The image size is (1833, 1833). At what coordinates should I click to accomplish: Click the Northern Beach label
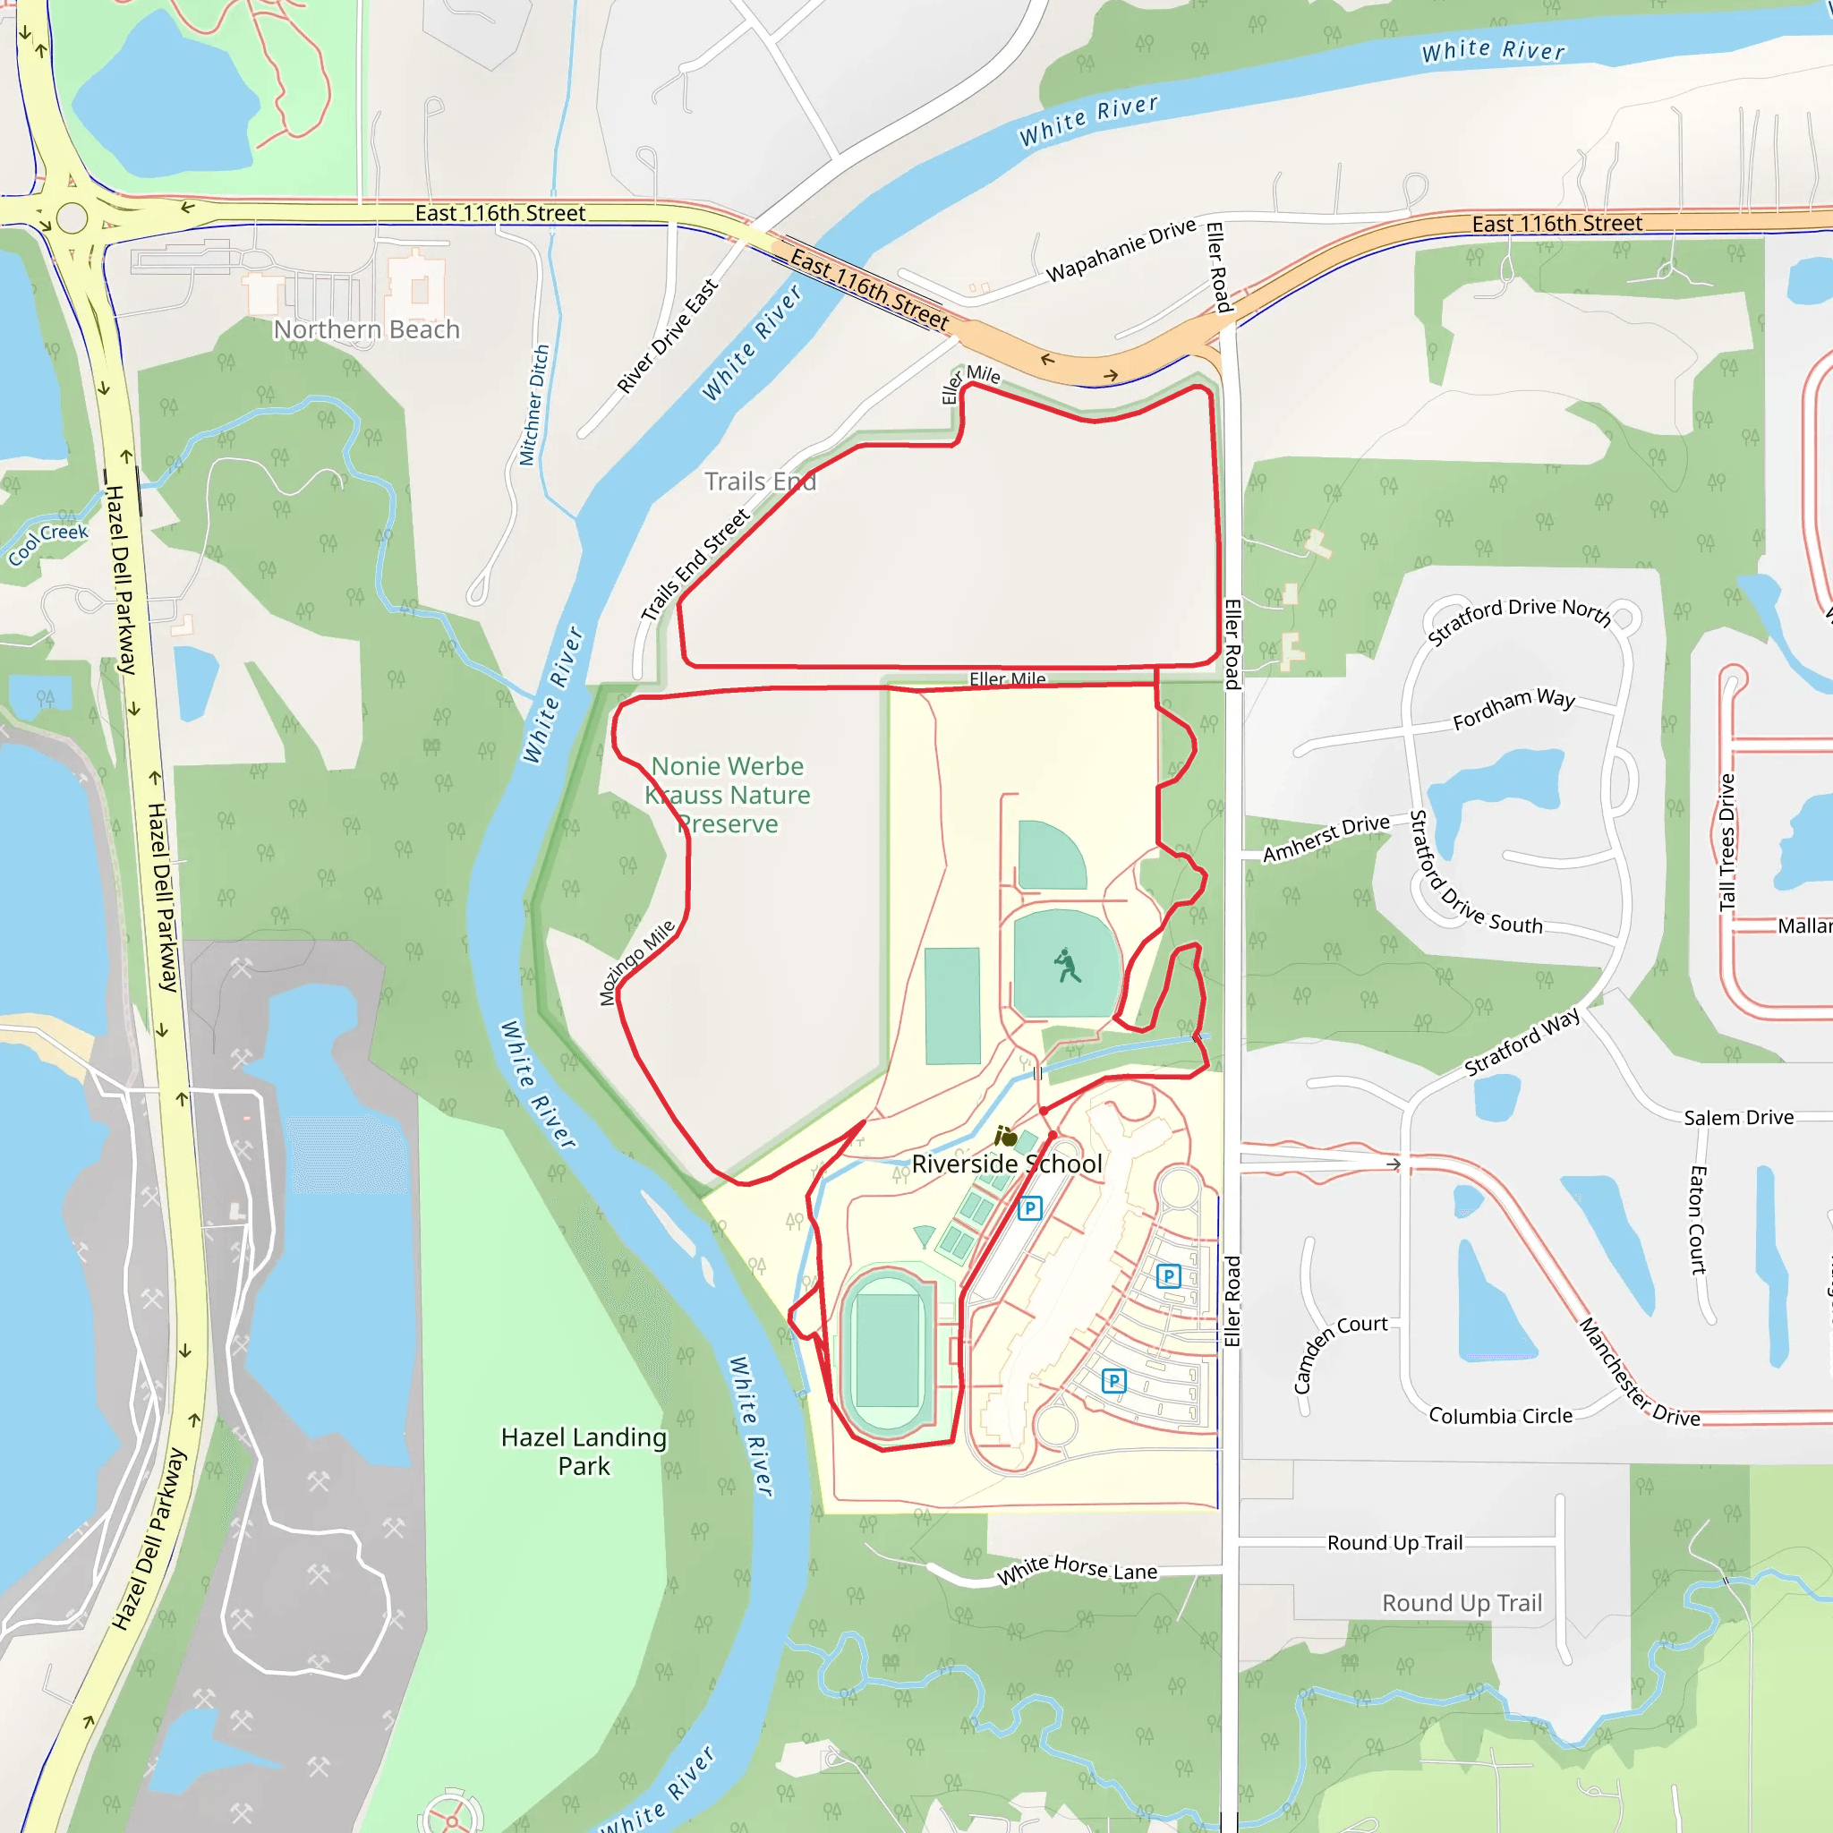[x=366, y=329]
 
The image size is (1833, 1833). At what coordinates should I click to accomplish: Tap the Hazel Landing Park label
[x=584, y=1451]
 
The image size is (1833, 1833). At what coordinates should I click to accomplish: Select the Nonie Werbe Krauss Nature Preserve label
[x=728, y=795]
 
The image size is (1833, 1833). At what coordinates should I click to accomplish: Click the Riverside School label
[x=1007, y=1164]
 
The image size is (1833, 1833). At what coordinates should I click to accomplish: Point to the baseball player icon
[x=1068, y=966]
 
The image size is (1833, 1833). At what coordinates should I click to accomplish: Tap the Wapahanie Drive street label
[x=1121, y=251]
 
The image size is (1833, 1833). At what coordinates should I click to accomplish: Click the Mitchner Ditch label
[x=534, y=405]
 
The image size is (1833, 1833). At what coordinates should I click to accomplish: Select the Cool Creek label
[x=48, y=543]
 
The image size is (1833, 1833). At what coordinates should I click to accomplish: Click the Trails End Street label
[x=695, y=566]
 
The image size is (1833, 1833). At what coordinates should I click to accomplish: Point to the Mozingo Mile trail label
[x=637, y=962]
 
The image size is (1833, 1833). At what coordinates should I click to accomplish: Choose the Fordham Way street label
[x=1513, y=709]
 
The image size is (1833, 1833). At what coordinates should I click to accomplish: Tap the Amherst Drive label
[x=1326, y=839]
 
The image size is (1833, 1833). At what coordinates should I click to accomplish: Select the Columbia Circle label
[x=1500, y=1417]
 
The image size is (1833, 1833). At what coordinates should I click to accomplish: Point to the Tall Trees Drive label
[x=1726, y=842]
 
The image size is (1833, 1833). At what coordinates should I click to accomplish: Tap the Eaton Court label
[x=1697, y=1220]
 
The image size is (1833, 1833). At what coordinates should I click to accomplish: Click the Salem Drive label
[x=1738, y=1118]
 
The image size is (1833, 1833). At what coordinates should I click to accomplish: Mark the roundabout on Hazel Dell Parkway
[x=72, y=218]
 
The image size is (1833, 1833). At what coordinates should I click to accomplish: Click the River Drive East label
[x=667, y=337]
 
